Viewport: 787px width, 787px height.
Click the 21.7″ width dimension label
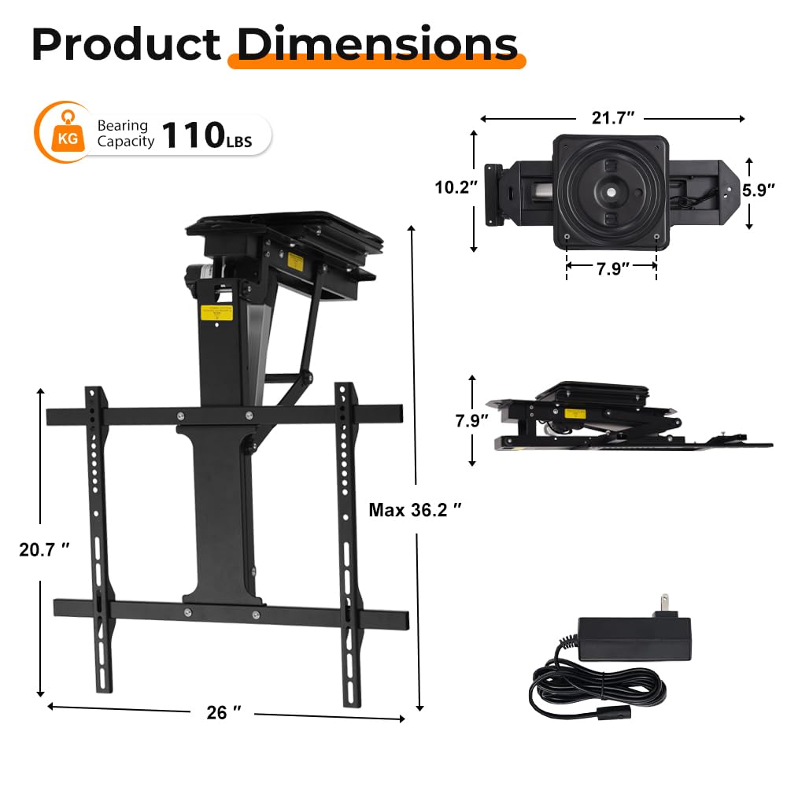[x=613, y=118]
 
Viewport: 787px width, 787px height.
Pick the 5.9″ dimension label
[x=759, y=190]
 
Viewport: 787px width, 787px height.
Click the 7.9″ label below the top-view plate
[x=611, y=268]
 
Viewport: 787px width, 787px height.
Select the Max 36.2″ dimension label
[x=414, y=510]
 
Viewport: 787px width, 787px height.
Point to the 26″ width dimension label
[x=224, y=712]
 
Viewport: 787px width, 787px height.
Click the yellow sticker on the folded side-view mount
[x=575, y=412]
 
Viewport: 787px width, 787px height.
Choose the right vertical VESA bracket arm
[x=348, y=543]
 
